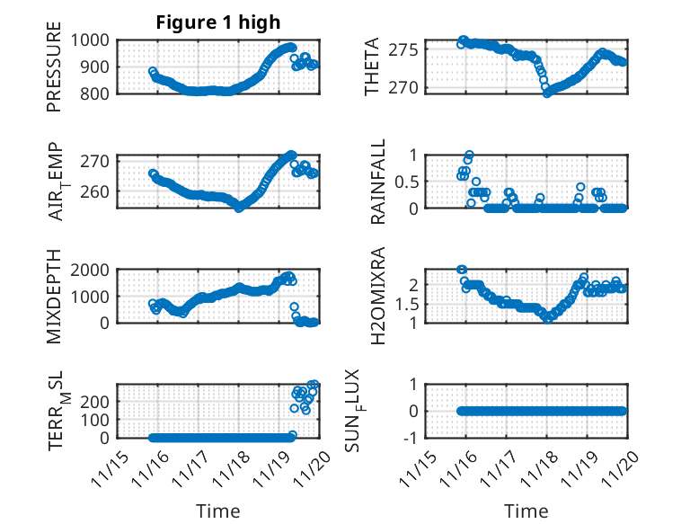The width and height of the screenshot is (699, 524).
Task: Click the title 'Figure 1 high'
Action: (218, 22)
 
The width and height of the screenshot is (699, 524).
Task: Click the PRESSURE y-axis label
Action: (55, 73)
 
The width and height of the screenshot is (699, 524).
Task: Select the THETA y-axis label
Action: (371, 67)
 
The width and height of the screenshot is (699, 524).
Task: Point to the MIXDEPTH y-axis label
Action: (55, 295)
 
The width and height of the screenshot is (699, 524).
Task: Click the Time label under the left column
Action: (218, 511)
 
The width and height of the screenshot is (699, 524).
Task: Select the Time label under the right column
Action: (526, 511)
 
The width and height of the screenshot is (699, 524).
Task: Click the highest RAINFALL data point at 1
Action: (469, 155)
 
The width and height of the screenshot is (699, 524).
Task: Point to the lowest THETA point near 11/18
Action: (547, 93)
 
